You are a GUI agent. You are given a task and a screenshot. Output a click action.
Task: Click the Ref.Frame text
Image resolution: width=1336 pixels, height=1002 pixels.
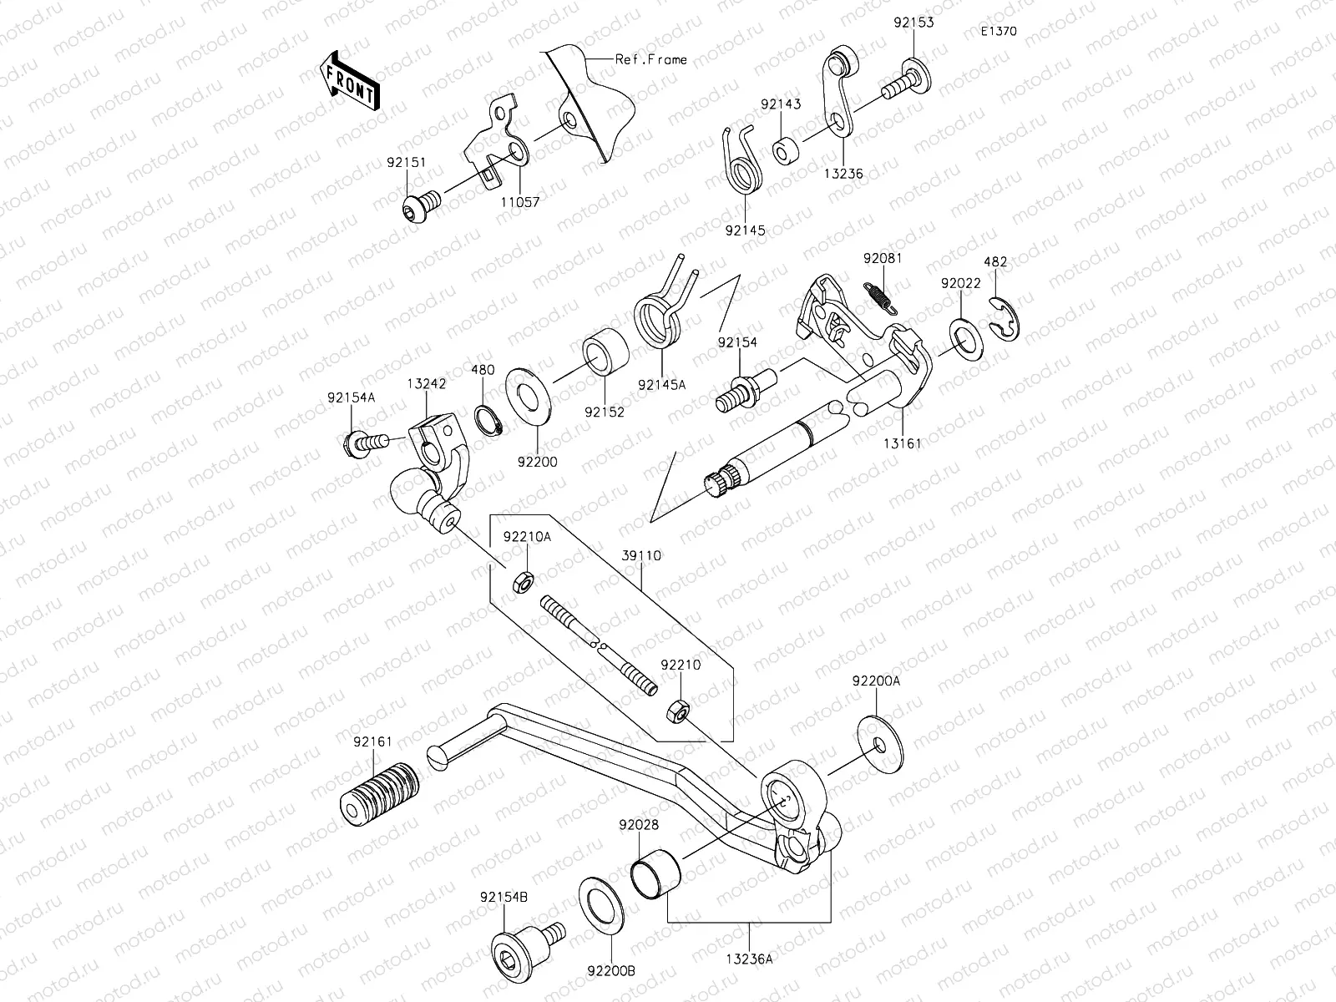point(650,59)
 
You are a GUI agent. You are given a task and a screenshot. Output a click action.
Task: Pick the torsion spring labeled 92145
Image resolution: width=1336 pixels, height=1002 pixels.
point(741,164)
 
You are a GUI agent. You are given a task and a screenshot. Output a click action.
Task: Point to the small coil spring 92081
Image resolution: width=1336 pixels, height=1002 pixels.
point(880,296)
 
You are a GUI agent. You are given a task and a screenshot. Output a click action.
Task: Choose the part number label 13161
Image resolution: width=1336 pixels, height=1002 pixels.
point(902,443)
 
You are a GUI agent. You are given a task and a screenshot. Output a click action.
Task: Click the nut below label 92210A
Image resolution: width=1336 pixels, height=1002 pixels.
point(521,580)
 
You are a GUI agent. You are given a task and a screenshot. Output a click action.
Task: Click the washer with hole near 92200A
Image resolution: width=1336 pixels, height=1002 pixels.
point(879,743)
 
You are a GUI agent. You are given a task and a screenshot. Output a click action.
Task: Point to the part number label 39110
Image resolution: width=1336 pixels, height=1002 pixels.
point(640,555)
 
